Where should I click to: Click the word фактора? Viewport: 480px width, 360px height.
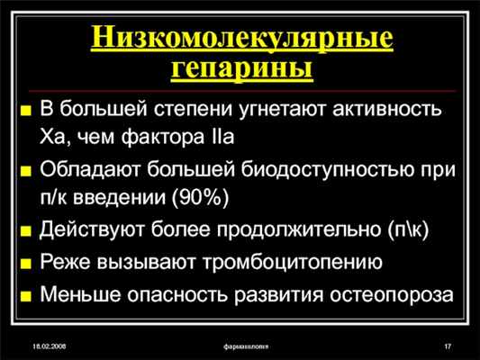[x=167, y=138]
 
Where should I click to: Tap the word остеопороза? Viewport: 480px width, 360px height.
[x=390, y=295]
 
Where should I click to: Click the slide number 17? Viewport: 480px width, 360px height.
[x=448, y=346]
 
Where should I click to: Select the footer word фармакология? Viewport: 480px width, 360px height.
[x=249, y=346]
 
